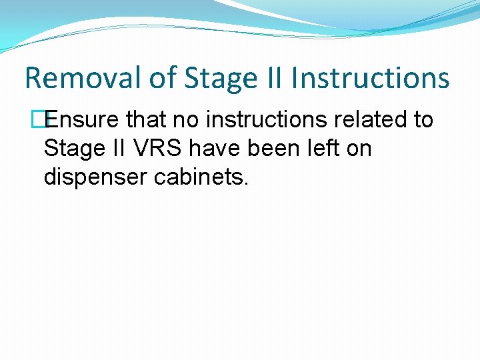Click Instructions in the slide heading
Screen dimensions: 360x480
pos(371,78)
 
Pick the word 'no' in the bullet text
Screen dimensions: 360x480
pos(190,120)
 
